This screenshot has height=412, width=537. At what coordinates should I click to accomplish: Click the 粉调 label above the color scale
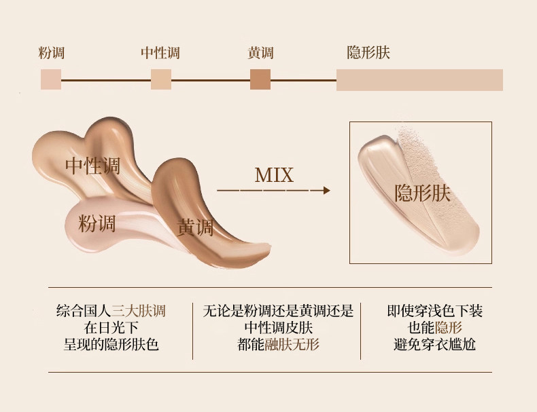(x=52, y=54)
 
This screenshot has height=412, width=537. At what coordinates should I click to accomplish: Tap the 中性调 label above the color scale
(x=160, y=54)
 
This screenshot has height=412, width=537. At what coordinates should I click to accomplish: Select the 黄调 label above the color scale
(x=261, y=54)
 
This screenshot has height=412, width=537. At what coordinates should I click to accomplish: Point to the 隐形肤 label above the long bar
(x=368, y=54)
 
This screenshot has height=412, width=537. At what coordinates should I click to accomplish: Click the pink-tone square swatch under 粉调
(x=51, y=79)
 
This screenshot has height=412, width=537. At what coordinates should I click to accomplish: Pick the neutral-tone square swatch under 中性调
(x=161, y=79)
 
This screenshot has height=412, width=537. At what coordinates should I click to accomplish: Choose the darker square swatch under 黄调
(x=260, y=79)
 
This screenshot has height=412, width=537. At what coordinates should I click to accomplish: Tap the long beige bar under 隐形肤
(x=419, y=79)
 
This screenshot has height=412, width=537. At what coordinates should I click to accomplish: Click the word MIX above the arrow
(x=274, y=175)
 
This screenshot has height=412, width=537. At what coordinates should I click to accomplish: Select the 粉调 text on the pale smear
(x=97, y=223)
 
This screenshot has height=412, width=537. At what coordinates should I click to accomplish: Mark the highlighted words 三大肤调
(x=139, y=312)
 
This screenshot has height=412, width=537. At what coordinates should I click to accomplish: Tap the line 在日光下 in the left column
(x=111, y=328)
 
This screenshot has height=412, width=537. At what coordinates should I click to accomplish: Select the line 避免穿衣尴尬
(x=434, y=344)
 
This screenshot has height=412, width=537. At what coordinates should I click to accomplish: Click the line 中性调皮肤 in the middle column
(x=279, y=328)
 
